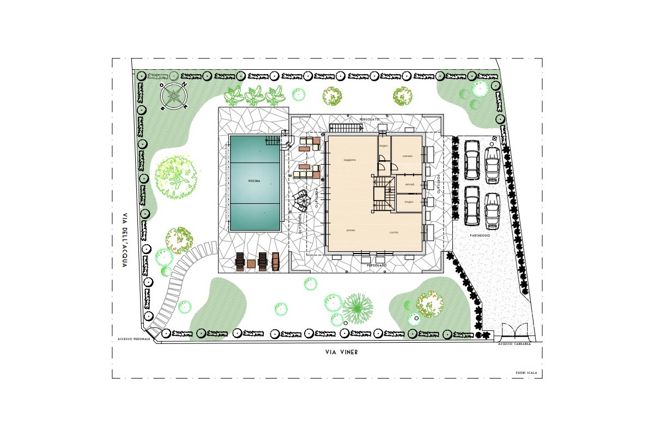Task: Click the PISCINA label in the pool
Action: [x=254, y=180]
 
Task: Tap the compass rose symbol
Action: [x=174, y=96]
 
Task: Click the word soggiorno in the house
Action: [x=349, y=160]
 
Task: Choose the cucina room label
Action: [x=394, y=233]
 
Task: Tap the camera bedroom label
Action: [x=408, y=156]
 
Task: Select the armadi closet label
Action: [x=409, y=185]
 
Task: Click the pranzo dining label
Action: [x=351, y=231]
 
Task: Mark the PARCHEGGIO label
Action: [x=480, y=235]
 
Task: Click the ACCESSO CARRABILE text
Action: [x=514, y=344]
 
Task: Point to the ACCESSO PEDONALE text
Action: [x=134, y=339]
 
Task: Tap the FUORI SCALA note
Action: [x=526, y=373]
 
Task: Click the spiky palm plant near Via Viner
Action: [x=358, y=309]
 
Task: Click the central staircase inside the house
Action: [x=384, y=194]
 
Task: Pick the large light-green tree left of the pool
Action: [x=176, y=175]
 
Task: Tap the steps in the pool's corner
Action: [x=286, y=141]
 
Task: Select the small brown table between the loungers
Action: [x=251, y=264]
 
